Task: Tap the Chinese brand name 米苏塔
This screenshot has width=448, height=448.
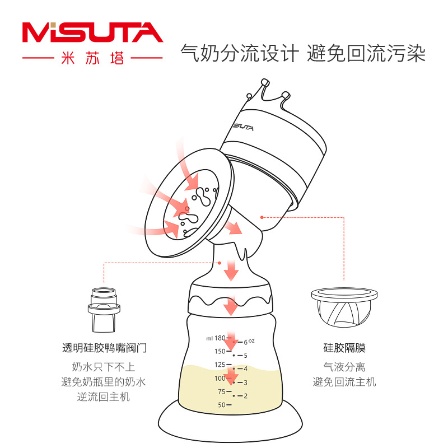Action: [x=92, y=58]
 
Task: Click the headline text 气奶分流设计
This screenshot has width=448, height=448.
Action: [x=240, y=54]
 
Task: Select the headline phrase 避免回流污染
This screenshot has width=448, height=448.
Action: [x=366, y=54]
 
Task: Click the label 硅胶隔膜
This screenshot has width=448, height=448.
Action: [x=344, y=348]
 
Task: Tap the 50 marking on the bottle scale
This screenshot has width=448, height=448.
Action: [x=221, y=405]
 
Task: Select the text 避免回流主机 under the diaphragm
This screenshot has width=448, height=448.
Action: [x=344, y=382]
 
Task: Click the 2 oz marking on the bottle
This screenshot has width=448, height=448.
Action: [x=245, y=395]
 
